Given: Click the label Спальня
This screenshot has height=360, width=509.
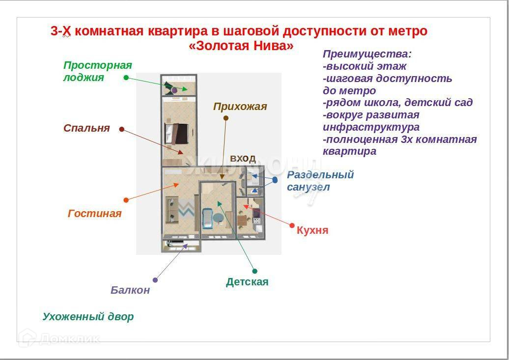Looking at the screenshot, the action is pyautogui.click(x=86, y=128).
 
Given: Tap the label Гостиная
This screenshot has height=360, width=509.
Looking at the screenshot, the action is pyautogui.click(x=94, y=214).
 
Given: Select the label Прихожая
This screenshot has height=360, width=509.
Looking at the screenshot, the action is pyautogui.click(x=240, y=107).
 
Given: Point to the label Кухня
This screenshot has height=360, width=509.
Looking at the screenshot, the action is pyautogui.click(x=312, y=230).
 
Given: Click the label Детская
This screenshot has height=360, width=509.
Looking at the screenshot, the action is pyautogui.click(x=247, y=282).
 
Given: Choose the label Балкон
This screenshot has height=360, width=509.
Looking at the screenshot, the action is pyautogui.click(x=130, y=290).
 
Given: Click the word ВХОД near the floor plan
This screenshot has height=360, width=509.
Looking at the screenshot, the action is pyautogui.click(x=243, y=158).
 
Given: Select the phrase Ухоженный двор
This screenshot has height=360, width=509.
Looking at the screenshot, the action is pyautogui.click(x=88, y=317).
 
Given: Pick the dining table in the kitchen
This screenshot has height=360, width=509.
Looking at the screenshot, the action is pyautogui.click(x=242, y=221).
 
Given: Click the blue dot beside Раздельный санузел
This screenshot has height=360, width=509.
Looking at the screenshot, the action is pyautogui.click(x=275, y=180).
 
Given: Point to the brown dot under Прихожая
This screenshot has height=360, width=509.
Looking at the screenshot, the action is pyautogui.click(x=226, y=118).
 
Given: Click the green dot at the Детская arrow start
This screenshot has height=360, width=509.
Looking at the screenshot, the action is pyautogui.click(x=254, y=271).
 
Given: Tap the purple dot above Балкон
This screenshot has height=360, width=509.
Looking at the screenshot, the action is pyautogui.click(x=155, y=280).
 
